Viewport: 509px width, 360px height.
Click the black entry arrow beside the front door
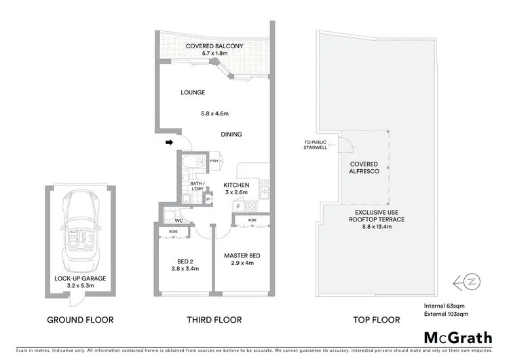168,142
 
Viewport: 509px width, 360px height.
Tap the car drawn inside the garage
80,234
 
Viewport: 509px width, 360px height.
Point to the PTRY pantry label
213,161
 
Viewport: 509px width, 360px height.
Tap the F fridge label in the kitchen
239,204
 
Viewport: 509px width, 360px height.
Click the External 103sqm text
445,313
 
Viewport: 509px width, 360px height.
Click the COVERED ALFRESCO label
364,169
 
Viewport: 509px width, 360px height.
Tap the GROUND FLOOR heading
79,319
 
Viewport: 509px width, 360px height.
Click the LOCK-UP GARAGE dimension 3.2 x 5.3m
80,286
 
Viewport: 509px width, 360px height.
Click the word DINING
231,134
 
